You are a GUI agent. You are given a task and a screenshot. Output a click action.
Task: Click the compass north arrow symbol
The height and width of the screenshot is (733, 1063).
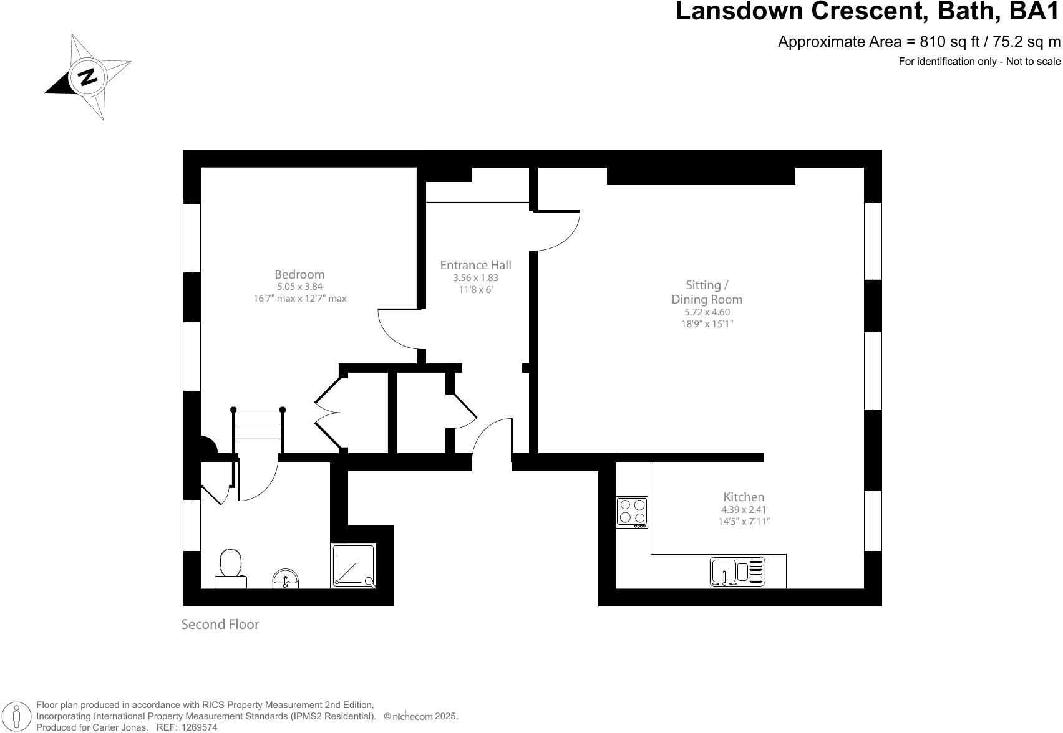coord(87,77)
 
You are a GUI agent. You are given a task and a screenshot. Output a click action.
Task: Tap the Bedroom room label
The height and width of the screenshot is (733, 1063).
coord(299,274)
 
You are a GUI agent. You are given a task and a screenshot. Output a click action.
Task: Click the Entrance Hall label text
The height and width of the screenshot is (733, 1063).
coord(475,265)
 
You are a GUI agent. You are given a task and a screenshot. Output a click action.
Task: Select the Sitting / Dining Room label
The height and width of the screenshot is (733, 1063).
coord(707,292)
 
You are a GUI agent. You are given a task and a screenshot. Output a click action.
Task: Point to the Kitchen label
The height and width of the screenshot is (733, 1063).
coord(744,497)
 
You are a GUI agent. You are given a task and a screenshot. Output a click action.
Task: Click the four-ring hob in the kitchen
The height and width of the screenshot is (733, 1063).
coord(632,512)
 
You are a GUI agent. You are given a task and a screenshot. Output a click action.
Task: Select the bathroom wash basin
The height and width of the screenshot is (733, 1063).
coord(286,579)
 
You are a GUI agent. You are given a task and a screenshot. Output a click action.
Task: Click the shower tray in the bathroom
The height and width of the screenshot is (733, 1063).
coord(354,566)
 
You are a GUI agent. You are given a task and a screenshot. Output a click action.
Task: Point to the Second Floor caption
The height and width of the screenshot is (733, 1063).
coord(220,624)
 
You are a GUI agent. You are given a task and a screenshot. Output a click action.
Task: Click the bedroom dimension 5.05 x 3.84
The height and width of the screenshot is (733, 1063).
coord(299,287)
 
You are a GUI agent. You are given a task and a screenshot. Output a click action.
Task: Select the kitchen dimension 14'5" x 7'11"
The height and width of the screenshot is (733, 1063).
coord(744,522)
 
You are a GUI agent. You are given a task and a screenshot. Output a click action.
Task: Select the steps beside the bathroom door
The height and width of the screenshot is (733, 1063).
coord(258,424)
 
